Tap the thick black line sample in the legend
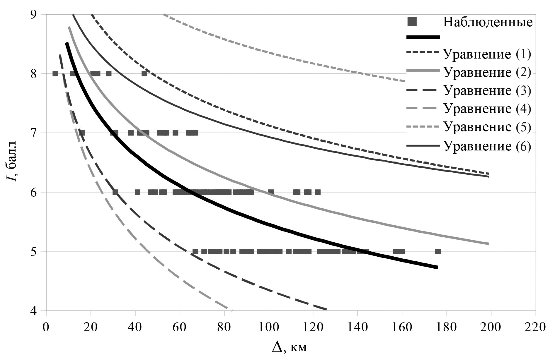coord(423,37)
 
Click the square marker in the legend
coord(413,21)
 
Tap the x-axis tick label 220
coord(535,327)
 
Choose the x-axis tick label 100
coord(268,327)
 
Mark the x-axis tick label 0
coord(46,327)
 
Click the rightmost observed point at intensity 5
coord(438,251)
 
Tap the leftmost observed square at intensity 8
coord(55,73)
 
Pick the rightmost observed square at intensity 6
coord(318,192)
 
